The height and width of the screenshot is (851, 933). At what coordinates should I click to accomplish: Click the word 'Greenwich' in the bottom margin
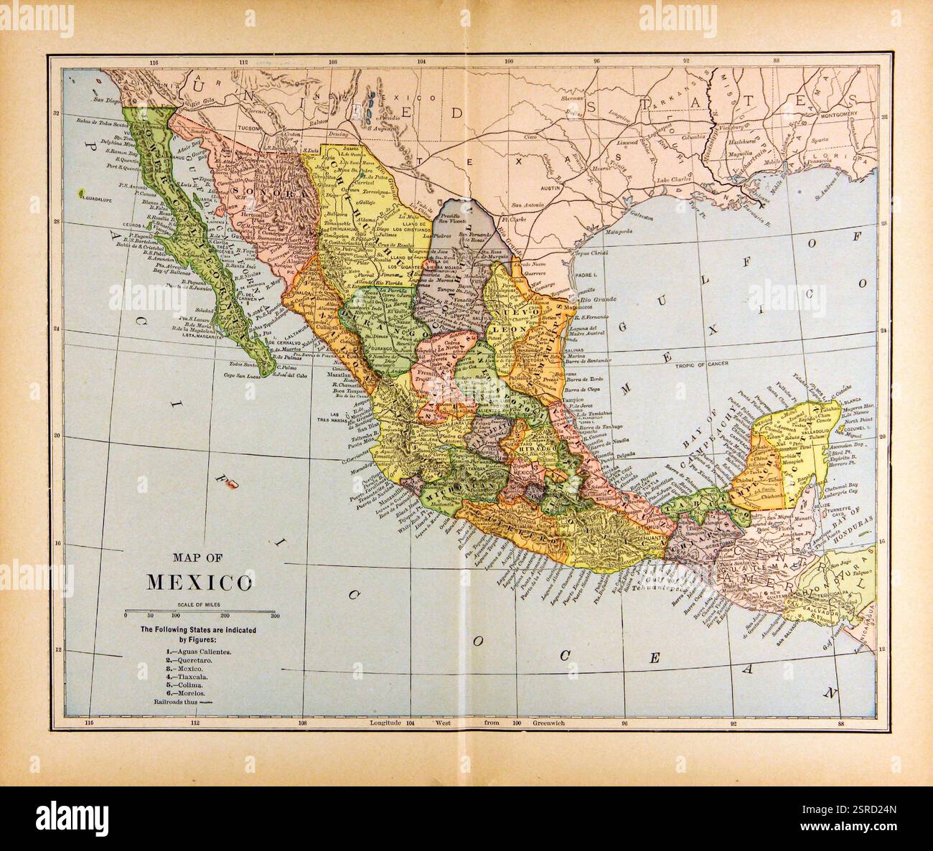[x=549, y=724]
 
